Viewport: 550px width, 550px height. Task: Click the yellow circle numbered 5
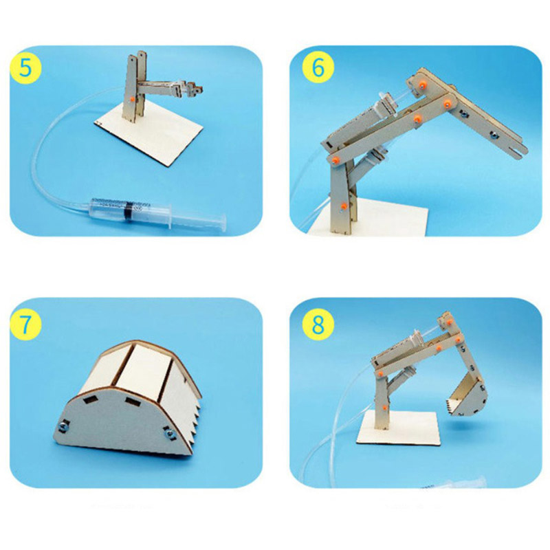pyautogui.click(x=25, y=67)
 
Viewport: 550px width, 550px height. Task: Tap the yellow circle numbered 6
pyautogui.click(x=318, y=67)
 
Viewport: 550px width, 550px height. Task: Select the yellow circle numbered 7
pyautogui.click(x=25, y=324)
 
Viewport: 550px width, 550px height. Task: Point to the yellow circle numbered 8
pyautogui.click(x=318, y=324)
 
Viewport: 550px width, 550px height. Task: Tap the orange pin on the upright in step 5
pyautogui.click(x=132, y=99)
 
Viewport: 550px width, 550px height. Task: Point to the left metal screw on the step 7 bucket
pyautogui.click(x=64, y=426)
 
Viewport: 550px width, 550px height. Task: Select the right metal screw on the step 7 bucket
pyautogui.click(x=170, y=434)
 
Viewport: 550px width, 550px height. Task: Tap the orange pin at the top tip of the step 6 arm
pyautogui.click(x=423, y=85)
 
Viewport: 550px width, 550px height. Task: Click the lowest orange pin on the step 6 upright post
pyautogui.click(x=344, y=206)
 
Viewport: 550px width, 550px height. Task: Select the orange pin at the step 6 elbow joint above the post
pyautogui.click(x=335, y=160)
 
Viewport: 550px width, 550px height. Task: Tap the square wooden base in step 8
pyautogui.click(x=399, y=428)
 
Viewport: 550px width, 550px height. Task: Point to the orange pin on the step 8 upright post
pyautogui.click(x=385, y=408)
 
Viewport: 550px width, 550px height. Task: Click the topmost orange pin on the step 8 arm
pyautogui.click(x=450, y=321)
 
